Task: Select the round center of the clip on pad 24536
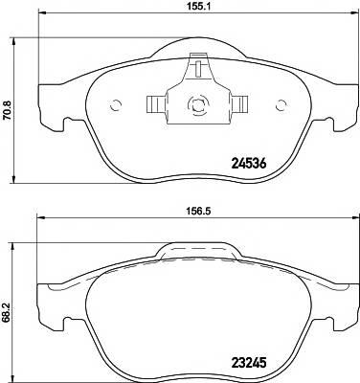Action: click(199, 106)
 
